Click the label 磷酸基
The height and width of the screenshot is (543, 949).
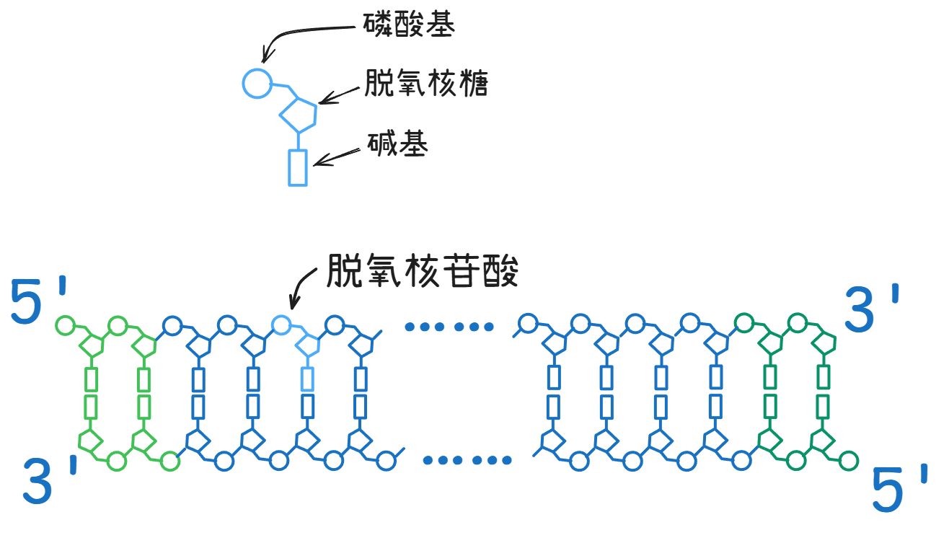tap(409, 24)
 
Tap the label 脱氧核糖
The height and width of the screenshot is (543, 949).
tap(426, 83)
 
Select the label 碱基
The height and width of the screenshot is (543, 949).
tap(398, 144)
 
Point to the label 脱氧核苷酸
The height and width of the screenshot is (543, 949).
tap(423, 271)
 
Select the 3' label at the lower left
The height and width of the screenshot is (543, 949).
tap(50, 481)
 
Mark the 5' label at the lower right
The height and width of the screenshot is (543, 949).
tap(899, 488)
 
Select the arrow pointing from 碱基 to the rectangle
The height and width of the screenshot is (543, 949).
tap(337, 157)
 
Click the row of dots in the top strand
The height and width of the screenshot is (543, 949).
tap(449, 327)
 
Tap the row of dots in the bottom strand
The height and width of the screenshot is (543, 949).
tap(467, 460)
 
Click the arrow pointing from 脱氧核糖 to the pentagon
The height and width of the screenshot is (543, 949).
tap(340, 95)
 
